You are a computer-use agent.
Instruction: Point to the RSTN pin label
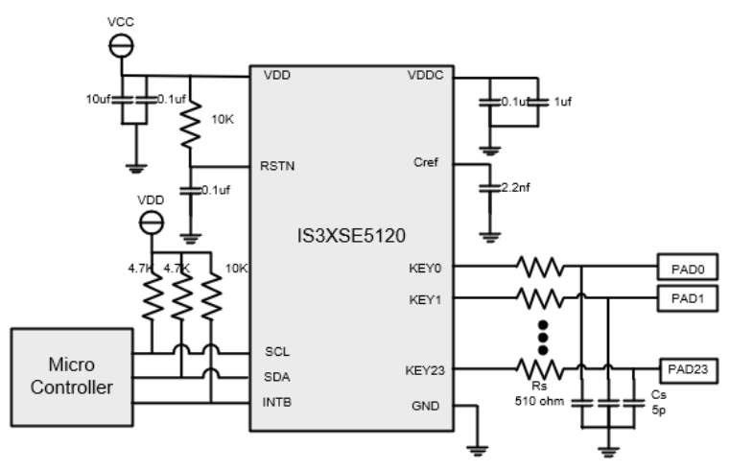pos(276,166)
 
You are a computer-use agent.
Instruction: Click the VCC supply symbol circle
pos(123,45)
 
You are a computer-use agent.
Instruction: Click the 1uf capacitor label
pos(563,99)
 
